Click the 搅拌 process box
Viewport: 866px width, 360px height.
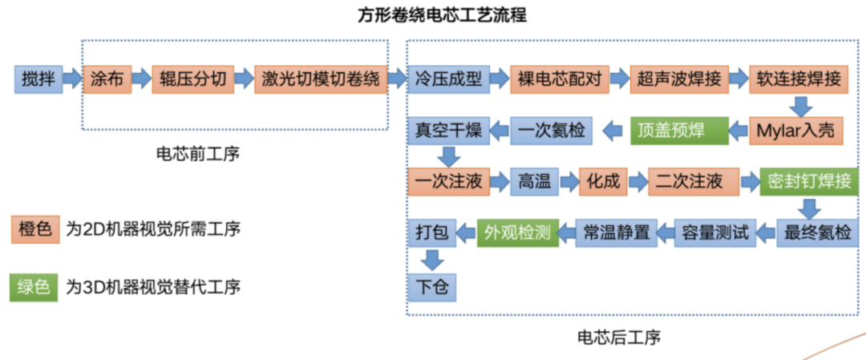[x=38, y=79]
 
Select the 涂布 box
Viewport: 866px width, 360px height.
[x=106, y=79]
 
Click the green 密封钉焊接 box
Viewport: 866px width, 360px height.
[x=809, y=182]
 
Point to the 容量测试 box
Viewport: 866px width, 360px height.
[x=714, y=233]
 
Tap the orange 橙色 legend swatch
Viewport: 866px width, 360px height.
[x=33, y=229]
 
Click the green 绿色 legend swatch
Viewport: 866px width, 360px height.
[x=33, y=287]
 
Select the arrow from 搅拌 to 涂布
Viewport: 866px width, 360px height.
[x=71, y=79]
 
